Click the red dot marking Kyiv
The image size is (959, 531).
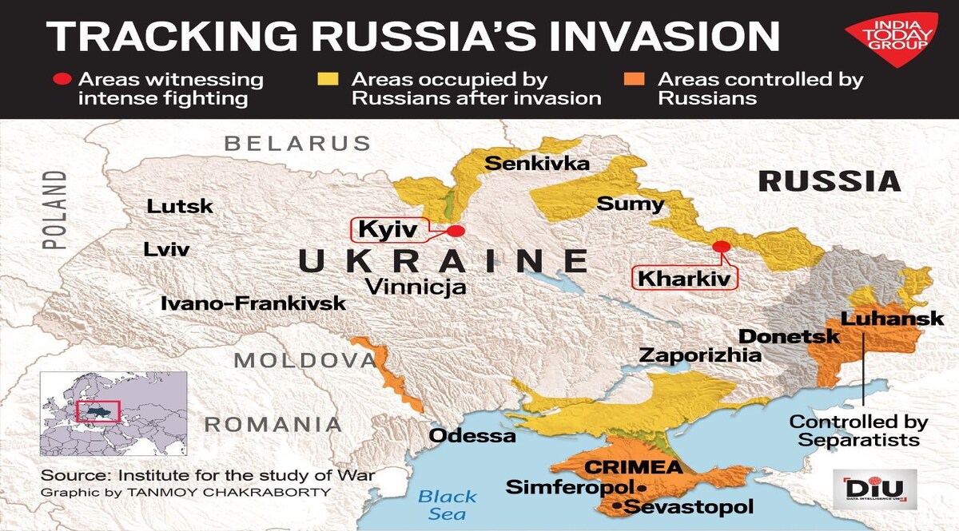click(x=456, y=231)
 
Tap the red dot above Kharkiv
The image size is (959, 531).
click(x=722, y=247)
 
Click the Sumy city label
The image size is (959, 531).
click(x=630, y=204)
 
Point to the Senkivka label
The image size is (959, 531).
click(x=537, y=164)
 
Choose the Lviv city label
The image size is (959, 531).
click(x=166, y=249)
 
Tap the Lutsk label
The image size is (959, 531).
click(x=180, y=206)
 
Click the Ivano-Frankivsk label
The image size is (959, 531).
click(x=253, y=303)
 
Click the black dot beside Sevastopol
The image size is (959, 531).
click(x=616, y=506)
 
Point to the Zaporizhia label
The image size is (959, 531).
click(x=700, y=355)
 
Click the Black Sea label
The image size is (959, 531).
click(x=447, y=505)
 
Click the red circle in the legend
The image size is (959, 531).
click(x=61, y=80)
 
